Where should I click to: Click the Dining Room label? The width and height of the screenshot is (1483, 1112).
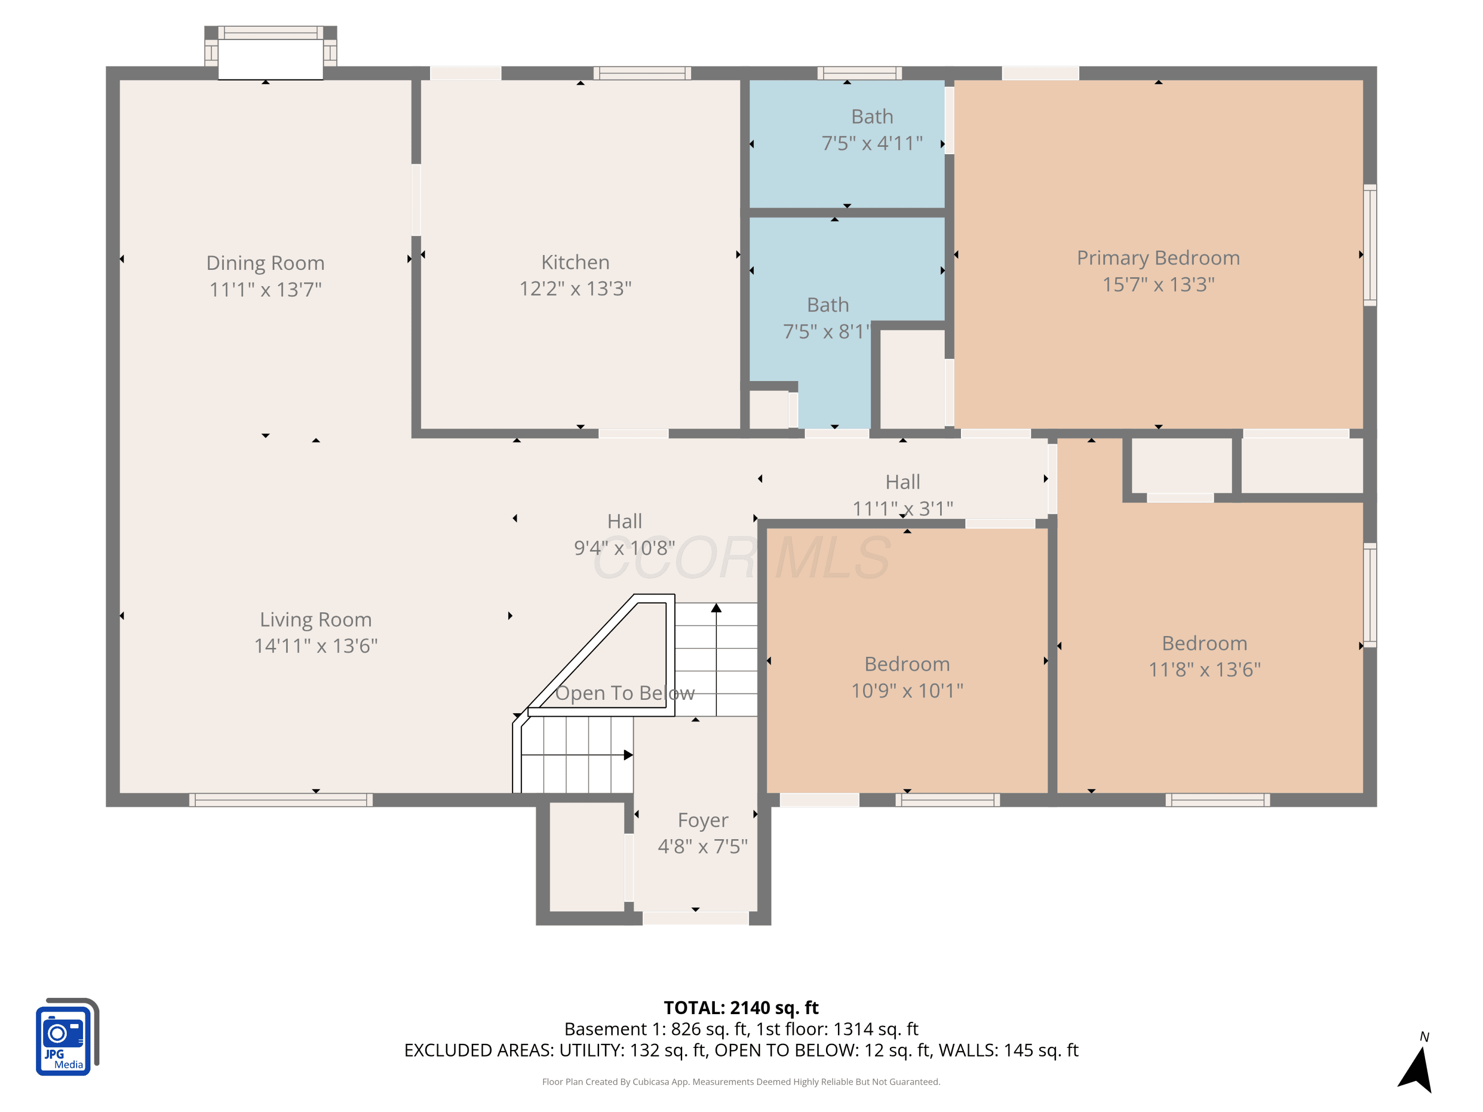coord(265,263)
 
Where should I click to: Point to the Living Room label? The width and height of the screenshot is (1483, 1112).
coord(316,619)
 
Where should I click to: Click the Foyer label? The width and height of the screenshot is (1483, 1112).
coord(702,820)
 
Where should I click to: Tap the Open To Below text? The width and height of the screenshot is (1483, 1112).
coord(625,693)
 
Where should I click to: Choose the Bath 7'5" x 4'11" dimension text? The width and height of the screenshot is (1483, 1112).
coord(872,143)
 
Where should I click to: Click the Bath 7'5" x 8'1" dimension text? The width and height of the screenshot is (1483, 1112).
coord(827,332)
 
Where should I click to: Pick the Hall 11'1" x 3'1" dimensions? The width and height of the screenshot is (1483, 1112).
coord(902,509)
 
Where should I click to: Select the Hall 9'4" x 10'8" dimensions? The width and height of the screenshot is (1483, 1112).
coord(624,548)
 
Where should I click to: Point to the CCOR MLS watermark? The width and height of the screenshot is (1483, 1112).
coord(741,557)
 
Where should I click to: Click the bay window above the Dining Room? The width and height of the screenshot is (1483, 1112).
coord(270,52)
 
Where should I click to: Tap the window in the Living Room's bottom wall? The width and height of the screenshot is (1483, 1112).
coord(280,800)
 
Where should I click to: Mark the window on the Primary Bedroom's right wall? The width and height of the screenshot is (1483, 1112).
coord(1370,245)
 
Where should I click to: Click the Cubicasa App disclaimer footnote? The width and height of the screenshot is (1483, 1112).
coord(741,1082)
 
